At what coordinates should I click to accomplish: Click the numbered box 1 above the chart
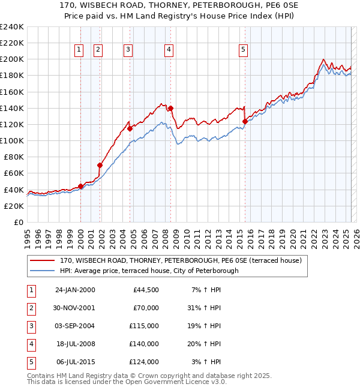click(x=79, y=50)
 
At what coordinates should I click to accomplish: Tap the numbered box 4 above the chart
click(x=169, y=50)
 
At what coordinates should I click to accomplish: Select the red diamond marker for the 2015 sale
click(x=245, y=121)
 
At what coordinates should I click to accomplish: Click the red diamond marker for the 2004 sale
click(x=130, y=128)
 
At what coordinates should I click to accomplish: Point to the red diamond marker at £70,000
click(x=100, y=165)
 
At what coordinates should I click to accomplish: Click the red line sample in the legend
click(x=43, y=260)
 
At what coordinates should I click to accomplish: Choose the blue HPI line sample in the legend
click(x=43, y=271)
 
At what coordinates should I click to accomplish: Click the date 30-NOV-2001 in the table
click(x=75, y=308)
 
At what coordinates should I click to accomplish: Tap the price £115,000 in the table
click(x=144, y=326)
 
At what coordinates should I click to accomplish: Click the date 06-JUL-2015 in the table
click(x=75, y=362)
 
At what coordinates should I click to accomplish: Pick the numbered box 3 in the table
click(x=31, y=326)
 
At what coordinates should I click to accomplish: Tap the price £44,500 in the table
click(x=146, y=290)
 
